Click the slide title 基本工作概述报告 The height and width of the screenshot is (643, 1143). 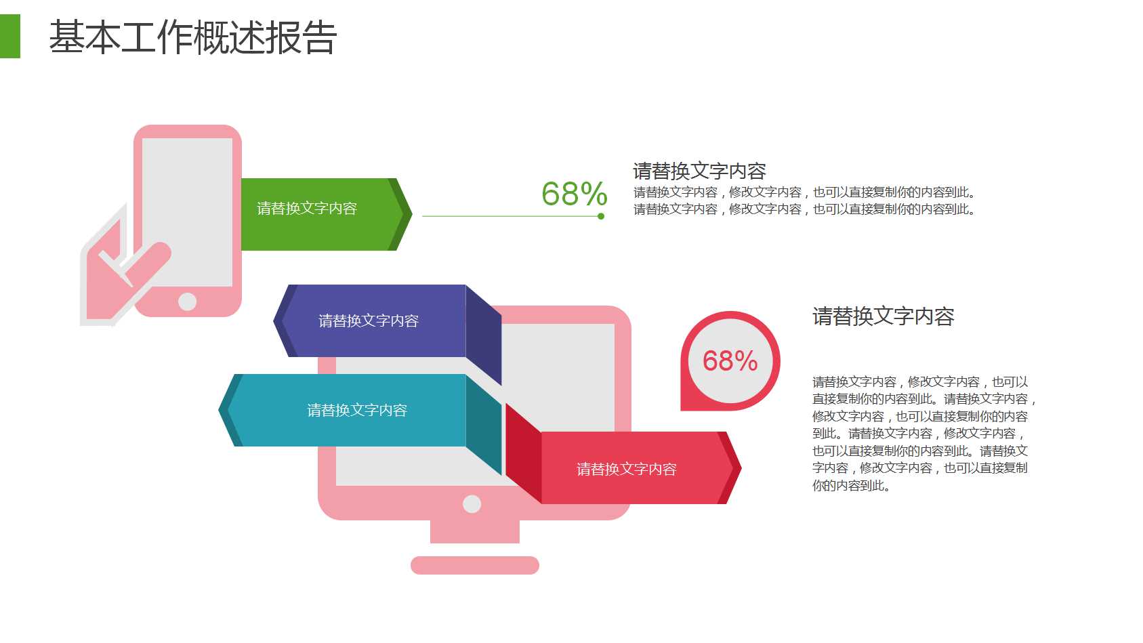pos(192,37)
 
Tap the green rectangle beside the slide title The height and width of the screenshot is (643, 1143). pos(9,37)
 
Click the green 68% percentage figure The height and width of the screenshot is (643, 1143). pos(574,194)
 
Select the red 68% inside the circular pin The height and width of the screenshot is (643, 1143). pos(730,361)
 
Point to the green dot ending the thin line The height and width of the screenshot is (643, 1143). pos(601,216)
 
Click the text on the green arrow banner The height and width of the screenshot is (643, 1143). pos(307,209)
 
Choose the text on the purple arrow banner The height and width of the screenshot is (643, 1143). pos(369,320)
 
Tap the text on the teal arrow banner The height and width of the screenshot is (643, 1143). pos(357,410)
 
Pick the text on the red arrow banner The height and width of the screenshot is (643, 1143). pos(626,469)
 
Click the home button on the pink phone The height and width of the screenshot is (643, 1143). pos(188,302)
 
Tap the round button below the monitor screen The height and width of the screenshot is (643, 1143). pos(472,503)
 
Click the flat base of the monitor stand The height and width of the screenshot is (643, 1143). pos(474,565)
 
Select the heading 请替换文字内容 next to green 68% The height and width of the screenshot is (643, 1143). pos(699,171)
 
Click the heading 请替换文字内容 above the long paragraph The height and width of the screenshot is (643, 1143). pos(883,316)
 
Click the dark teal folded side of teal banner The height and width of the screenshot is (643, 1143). pos(484,426)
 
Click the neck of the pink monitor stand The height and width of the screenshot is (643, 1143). pos(474,532)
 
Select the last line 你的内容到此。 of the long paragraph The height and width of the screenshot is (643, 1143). pos(850,486)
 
